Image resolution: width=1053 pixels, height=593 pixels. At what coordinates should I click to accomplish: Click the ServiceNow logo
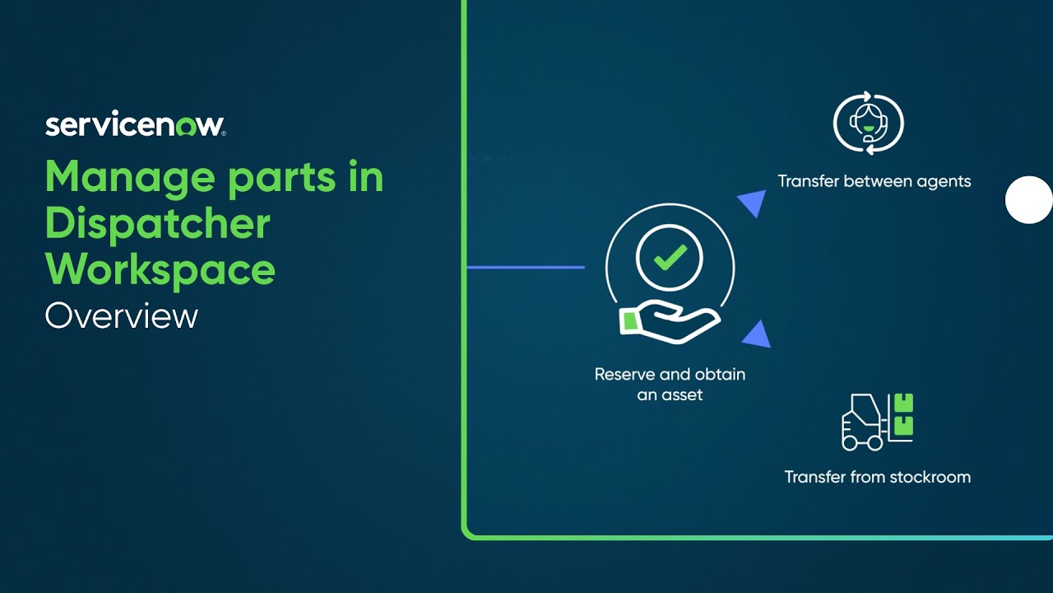tap(135, 125)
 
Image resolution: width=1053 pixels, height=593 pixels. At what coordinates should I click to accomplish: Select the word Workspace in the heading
tap(160, 270)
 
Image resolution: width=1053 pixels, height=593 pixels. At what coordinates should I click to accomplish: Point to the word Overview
tap(122, 316)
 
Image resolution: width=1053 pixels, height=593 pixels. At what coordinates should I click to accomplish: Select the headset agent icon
tap(868, 124)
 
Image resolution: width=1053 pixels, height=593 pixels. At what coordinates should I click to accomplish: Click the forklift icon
tap(864, 422)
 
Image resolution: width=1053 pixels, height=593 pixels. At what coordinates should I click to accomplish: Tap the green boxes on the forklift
tap(903, 414)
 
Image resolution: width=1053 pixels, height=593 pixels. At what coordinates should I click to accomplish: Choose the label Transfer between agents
tap(874, 181)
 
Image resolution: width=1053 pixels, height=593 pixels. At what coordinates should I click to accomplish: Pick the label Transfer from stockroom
tap(877, 477)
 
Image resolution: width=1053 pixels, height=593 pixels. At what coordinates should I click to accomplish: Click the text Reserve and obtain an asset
tap(670, 384)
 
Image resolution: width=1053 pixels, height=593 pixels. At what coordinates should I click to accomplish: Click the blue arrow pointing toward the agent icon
tap(753, 203)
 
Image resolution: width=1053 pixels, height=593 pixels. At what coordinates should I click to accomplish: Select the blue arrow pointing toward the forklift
tap(758, 334)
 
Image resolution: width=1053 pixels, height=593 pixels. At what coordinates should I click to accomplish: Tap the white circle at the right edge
tap(1029, 200)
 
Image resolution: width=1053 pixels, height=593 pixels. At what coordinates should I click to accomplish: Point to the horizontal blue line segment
tap(526, 268)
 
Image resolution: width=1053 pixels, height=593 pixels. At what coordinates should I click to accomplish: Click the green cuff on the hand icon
tap(629, 321)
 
